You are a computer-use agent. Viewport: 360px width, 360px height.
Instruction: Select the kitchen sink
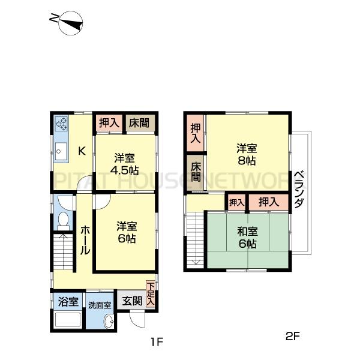61,152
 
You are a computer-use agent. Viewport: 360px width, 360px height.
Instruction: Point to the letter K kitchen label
83,151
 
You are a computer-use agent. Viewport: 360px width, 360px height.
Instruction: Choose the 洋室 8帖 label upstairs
247,154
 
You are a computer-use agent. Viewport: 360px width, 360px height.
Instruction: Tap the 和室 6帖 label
247,238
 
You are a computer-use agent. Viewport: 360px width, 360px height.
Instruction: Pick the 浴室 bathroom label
67,302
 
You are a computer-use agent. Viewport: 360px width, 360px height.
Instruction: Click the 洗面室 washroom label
100,305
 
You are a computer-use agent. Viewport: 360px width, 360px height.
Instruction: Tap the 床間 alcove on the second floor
195,172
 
